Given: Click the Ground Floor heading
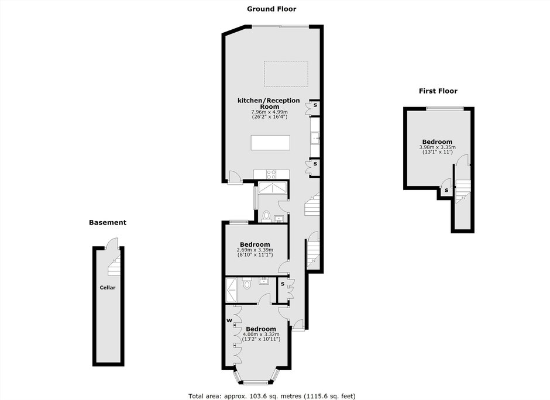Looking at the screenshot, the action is click(x=271, y=9).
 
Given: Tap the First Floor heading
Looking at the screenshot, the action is click(x=438, y=91).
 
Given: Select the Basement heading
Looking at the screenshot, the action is click(x=108, y=222).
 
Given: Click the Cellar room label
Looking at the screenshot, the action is click(x=107, y=288).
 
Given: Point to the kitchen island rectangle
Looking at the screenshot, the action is click(x=270, y=143).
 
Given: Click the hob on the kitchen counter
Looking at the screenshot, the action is click(x=271, y=174).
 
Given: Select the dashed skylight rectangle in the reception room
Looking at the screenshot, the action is click(x=286, y=74).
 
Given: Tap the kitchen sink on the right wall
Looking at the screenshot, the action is click(x=315, y=138).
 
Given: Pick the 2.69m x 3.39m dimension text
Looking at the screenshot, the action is click(x=255, y=250).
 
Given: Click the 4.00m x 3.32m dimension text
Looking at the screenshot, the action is click(x=261, y=334).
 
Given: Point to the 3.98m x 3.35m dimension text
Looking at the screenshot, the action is click(x=438, y=147).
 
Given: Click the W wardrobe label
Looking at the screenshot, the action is click(x=229, y=320).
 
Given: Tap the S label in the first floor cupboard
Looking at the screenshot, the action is click(x=446, y=191).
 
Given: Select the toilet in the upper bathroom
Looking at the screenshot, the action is click(x=266, y=216).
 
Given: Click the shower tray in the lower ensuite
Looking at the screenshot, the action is click(x=231, y=290).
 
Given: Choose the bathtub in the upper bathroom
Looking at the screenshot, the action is click(x=273, y=188).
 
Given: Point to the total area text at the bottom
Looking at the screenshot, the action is click(x=272, y=396).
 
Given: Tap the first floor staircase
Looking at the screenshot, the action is click(x=462, y=192).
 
